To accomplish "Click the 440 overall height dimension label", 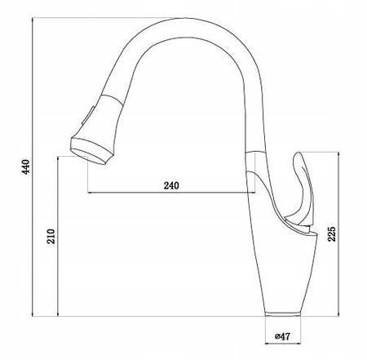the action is click(25, 167).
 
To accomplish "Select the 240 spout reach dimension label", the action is click(171, 185).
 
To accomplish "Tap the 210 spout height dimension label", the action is click(51, 236).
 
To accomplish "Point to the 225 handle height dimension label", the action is click(332, 233).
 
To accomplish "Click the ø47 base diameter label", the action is click(283, 336).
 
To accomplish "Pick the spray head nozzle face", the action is click(88, 157).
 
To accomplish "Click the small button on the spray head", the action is click(88, 116).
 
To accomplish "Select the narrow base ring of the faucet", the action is click(283, 313).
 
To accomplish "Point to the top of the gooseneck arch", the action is click(185, 18).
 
